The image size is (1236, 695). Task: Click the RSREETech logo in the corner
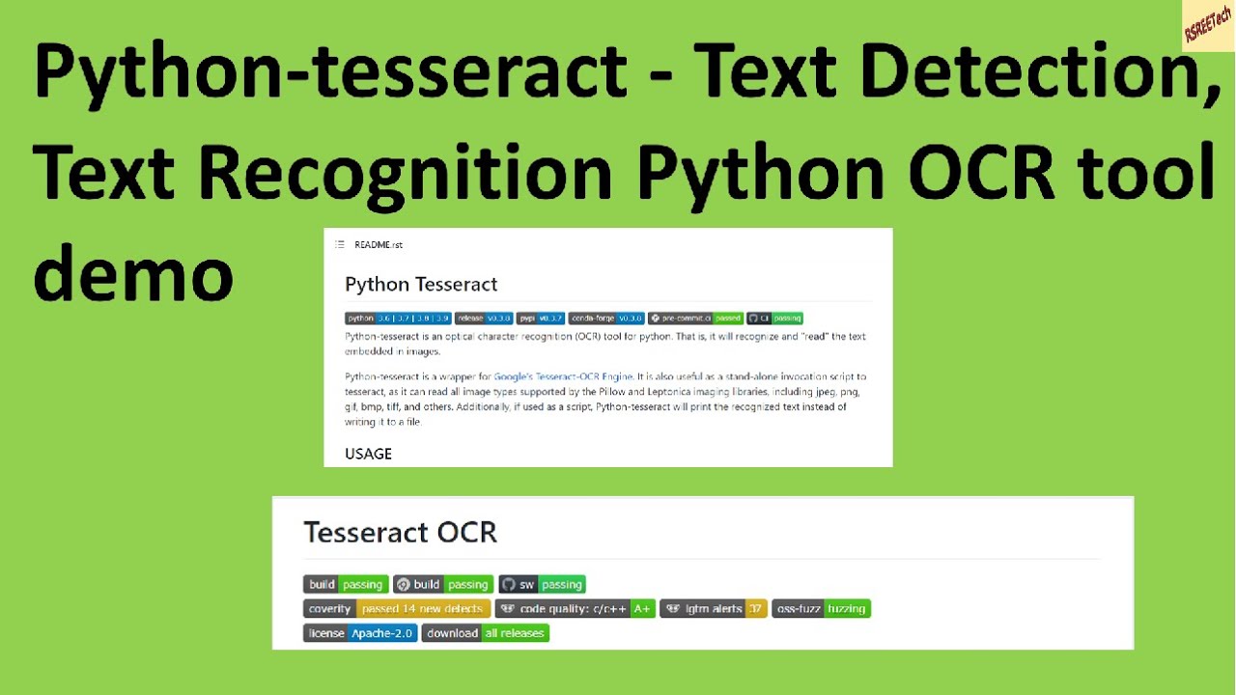pyautogui.click(x=1208, y=25)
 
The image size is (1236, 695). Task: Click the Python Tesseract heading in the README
pyautogui.click(x=421, y=284)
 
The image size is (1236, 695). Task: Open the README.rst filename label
pyautogui.click(x=378, y=245)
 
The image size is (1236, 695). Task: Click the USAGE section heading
pyautogui.click(x=368, y=454)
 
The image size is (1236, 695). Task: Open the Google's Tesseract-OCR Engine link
pyautogui.click(x=563, y=376)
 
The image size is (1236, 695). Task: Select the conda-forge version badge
pyautogui.click(x=606, y=318)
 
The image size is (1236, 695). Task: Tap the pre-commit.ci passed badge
pyautogui.click(x=695, y=318)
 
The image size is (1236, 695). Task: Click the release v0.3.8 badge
pyautogui.click(x=484, y=318)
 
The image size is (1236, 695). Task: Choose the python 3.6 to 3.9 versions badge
pyautogui.click(x=398, y=318)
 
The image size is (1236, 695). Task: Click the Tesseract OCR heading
pyautogui.click(x=400, y=532)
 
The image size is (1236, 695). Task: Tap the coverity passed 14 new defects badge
pyautogui.click(x=397, y=609)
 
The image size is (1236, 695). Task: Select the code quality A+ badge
pyautogui.click(x=575, y=609)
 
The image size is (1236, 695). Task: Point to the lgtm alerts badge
pyautogui.click(x=713, y=609)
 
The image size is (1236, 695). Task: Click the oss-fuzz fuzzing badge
pyautogui.click(x=821, y=609)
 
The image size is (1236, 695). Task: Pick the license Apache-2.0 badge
pyautogui.click(x=360, y=633)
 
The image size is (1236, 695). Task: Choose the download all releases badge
pyautogui.click(x=485, y=633)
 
